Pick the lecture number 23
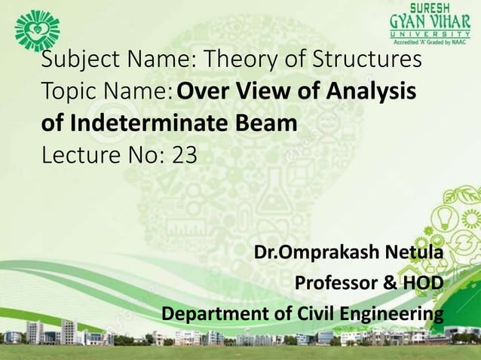click(x=184, y=155)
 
